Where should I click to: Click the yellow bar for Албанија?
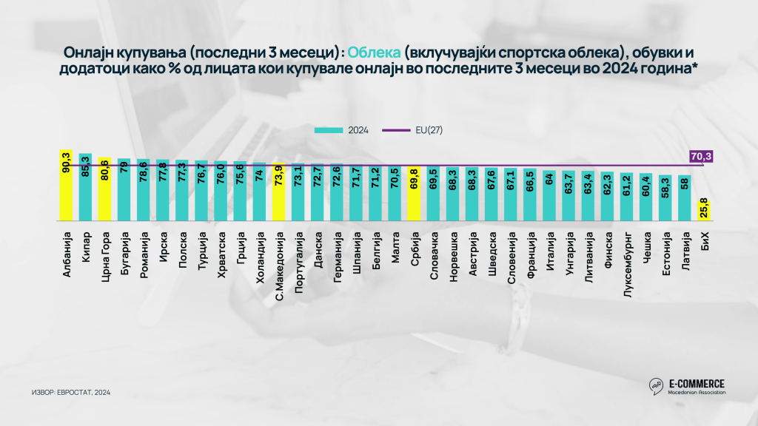tap(66, 185)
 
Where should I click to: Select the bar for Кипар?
tap(85, 187)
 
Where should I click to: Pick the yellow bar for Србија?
tap(413, 195)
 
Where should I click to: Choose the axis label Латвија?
tap(684, 248)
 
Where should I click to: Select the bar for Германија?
tap(336, 193)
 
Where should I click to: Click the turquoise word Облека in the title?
tap(375, 53)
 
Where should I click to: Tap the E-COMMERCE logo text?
tap(697, 383)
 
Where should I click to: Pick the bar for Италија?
tap(549, 196)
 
